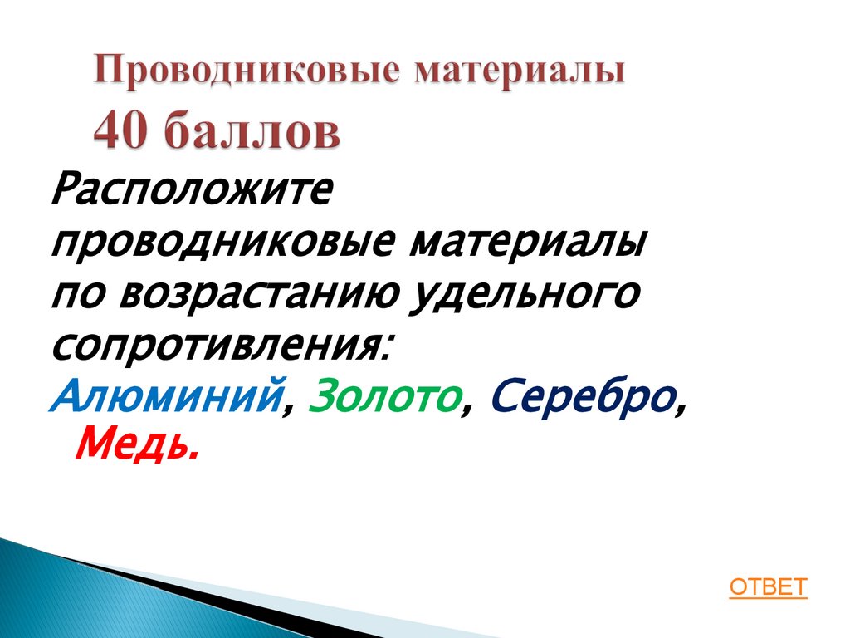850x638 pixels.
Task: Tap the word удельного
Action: pyautogui.click(x=525, y=296)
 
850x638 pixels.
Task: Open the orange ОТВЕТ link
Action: pyautogui.click(x=768, y=587)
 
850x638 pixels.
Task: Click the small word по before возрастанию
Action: pyautogui.click(x=80, y=297)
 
